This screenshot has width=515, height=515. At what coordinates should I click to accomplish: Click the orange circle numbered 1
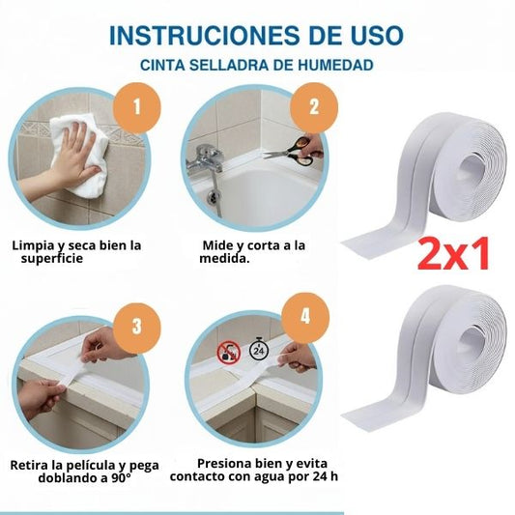[x=137, y=107]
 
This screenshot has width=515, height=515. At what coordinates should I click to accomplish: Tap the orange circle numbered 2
[x=314, y=107]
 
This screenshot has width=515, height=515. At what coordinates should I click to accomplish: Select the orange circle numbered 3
[x=136, y=327]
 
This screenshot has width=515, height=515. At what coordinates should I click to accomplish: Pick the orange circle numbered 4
[x=305, y=317]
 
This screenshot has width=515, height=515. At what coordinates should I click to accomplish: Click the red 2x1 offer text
[x=453, y=253]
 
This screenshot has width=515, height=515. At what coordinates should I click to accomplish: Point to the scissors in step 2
[x=289, y=151]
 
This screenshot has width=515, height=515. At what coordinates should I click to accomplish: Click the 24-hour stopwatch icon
[x=259, y=349]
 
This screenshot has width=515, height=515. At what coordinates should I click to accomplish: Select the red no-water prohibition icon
[x=229, y=353]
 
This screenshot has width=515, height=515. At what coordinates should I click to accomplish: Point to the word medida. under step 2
[x=224, y=259]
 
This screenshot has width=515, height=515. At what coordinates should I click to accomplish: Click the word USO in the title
[x=377, y=36]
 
